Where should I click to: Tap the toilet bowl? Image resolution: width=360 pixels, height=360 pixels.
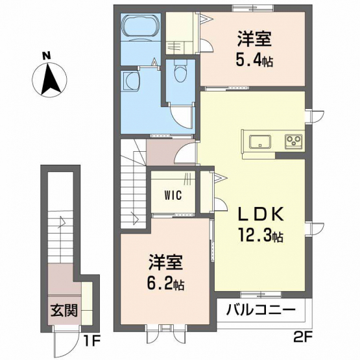pos(181,71)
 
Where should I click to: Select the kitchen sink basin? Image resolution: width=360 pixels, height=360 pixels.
pos(260,141)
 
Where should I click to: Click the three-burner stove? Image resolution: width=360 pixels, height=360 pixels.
pos(293,141)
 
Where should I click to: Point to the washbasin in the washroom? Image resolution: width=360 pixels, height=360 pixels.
pos(130,81)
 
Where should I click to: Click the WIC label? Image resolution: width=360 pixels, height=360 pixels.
pos(173,196)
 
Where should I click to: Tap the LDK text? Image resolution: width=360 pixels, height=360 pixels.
pos(260,214)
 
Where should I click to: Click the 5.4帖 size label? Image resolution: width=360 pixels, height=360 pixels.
pos(254,60)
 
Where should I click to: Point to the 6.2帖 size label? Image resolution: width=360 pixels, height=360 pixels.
pos(166,283)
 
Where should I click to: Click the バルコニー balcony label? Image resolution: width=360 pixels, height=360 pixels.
pos(261,309)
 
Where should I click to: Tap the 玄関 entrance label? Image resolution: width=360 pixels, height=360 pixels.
pos(64,310)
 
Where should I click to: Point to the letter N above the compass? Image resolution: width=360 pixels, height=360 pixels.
pos(47,56)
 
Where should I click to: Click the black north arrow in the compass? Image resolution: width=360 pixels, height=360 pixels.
pos(50,80)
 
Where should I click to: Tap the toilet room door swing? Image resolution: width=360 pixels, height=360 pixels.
pos(182,117)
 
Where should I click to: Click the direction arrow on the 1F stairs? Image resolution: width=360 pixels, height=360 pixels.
pos(62,222)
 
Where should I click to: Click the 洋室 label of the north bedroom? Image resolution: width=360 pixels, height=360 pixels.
pos(254,39)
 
